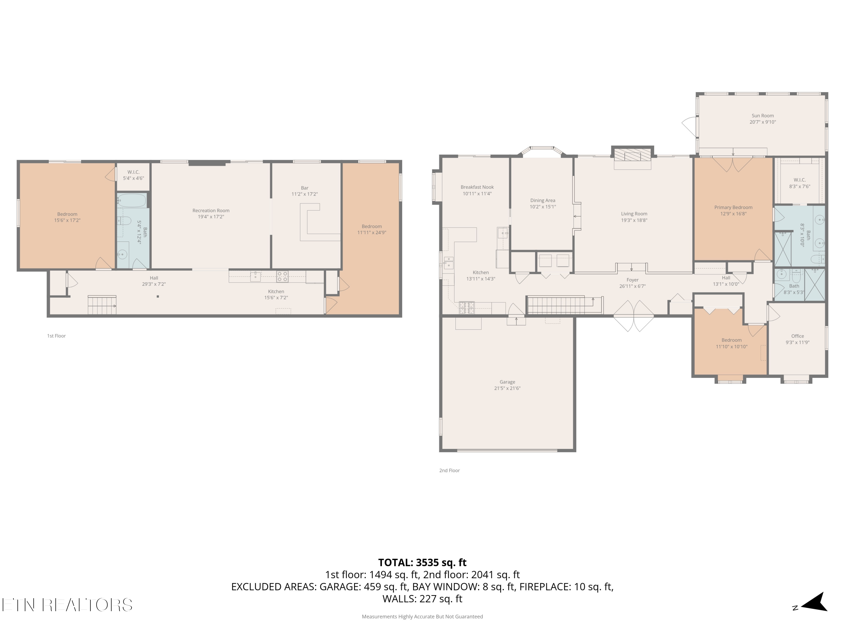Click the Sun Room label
click(x=762, y=116)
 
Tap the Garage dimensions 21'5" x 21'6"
click(x=507, y=388)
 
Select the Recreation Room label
click(x=211, y=210)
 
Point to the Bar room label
click(x=304, y=188)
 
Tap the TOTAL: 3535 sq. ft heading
click(x=422, y=562)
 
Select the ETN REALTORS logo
click(x=67, y=605)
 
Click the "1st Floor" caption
click(x=57, y=336)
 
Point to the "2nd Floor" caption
click(x=450, y=471)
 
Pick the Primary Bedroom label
click(x=733, y=207)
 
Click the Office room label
click(x=798, y=336)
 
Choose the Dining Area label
click(x=542, y=201)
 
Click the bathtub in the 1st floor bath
click(x=132, y=200)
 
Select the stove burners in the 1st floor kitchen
click(x=282, y=277)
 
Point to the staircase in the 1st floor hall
click(x=102, y=305)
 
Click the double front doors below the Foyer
click(x=634, y=316)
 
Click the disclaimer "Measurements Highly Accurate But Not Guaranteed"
click(x=422, y=617)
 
